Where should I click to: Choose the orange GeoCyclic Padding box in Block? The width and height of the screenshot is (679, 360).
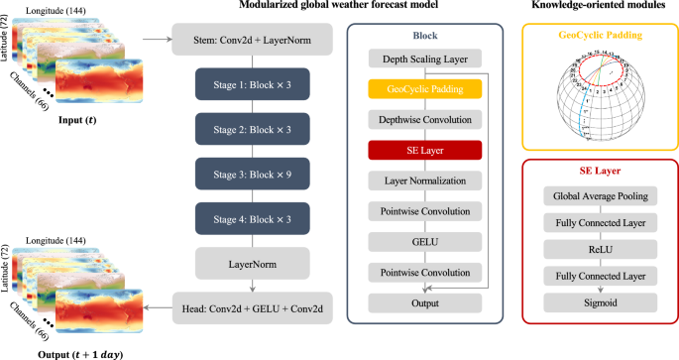pos(425,89)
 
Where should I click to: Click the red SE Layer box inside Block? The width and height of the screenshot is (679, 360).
pos(425,151)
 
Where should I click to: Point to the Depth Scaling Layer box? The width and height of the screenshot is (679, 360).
pos(425,59)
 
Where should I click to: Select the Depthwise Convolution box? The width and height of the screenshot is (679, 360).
pos(425,120)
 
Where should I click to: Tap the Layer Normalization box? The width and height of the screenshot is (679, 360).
pos(425,181)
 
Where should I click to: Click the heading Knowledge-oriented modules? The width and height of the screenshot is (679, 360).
pos(603,9)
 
